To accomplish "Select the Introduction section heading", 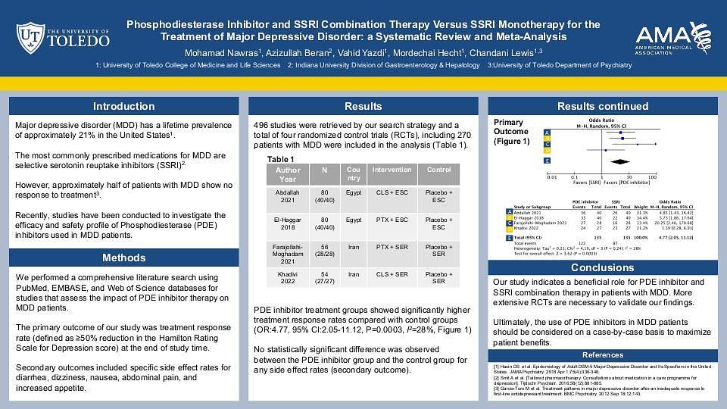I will coord(123,106).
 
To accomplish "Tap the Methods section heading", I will coord(123,258).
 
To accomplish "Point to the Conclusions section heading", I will coord(602,267).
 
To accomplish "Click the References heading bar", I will coord(602,355).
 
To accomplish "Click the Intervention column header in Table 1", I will coord(392,170).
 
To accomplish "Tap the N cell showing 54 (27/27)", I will coord(325,278).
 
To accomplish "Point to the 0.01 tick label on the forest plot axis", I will coord(552,176).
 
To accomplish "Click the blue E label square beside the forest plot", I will coord(548,161).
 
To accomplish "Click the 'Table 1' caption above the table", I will coord(281,159).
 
